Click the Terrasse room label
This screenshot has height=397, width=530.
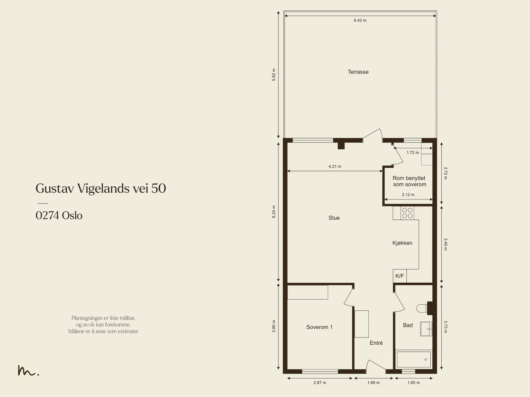point(358,72)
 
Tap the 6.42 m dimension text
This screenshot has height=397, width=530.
point(360,21)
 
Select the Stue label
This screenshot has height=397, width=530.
point(334,218)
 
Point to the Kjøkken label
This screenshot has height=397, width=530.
point(402,243)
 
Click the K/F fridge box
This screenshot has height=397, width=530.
point(399,276)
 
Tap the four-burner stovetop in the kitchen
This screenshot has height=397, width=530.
point(407,213)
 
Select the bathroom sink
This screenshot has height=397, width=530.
point(426,329)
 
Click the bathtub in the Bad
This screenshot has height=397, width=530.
point(414,360)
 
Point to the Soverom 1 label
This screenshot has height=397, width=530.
point(319,327)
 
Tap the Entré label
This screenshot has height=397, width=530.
point(376,343)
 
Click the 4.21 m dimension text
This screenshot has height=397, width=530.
point(335,166)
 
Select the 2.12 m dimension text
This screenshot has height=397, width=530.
point(408,195)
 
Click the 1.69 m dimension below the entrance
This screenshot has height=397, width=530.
point(374,382)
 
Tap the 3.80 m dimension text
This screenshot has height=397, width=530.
point(274,326)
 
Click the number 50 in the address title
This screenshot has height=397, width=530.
point(159,188)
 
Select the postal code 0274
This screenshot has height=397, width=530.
point(47,215)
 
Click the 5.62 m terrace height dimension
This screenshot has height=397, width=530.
point(274,75)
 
